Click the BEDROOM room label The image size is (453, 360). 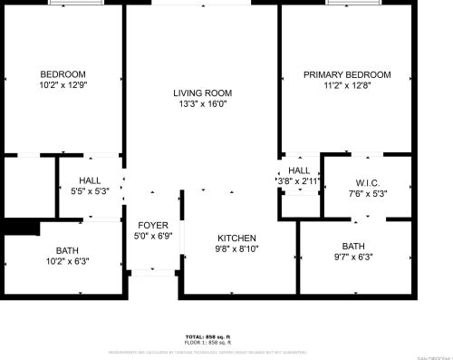pyautogui.click(x=63, y=74)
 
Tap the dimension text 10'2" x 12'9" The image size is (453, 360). pyautogui.click(x=63, y=85)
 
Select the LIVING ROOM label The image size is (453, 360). pyautogui.click(x=203, y=92)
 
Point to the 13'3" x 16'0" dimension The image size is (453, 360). pyautogui.click(x=203, y=103)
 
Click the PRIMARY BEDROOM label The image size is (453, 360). pyautogui.click(x=347, y=74)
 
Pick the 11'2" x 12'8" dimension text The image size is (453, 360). pyautogui.click(x=347, y=85)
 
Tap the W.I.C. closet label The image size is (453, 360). pyautogui.click(x=367, y=181)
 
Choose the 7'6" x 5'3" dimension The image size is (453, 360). pyautogui.click(x=367, y=192)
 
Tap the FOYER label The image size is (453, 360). pyautogui.click(x=152, y=225)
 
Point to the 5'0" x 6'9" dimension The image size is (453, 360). pyautogui.click(x=152, y=236)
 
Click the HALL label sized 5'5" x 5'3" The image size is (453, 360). pyautogui.click(x=90, y=180)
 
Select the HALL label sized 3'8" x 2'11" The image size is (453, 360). pyautogui.click(x=299, y=170)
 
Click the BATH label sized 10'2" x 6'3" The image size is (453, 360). pyautogui.click(x=67, y=250)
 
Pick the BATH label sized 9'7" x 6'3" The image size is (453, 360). pyautogui.click(x=353, y=246)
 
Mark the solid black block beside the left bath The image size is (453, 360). pyautogui.click(x=19, y=227)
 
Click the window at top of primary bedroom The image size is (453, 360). pyautogui.click(x=351, y=3)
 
